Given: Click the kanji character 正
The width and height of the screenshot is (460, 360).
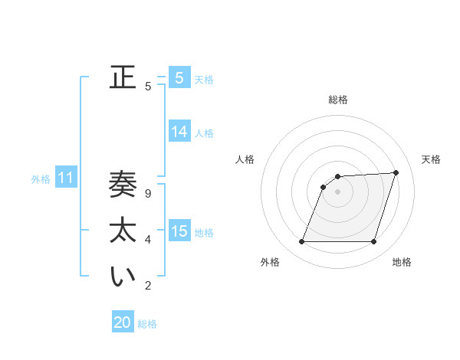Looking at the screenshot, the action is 123,77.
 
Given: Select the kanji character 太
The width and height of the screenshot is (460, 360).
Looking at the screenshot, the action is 123,230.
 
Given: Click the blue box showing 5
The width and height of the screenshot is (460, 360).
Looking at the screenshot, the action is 179,77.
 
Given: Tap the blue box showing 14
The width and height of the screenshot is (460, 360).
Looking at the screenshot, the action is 179,132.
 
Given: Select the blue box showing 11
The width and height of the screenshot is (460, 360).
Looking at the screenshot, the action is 65,178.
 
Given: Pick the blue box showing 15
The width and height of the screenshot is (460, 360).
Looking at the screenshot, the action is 179,231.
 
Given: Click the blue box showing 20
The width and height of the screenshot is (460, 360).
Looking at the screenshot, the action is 123,322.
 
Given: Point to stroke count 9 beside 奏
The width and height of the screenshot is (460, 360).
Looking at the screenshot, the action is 148,194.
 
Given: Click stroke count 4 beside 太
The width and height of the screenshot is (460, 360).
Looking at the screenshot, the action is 148,240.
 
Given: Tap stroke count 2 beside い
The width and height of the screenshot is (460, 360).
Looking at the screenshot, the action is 148,286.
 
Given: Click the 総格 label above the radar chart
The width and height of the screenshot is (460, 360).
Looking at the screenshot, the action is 338,100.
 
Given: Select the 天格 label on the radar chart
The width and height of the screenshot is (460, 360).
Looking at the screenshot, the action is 431,159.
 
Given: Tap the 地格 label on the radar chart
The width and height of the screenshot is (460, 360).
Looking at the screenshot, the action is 402,262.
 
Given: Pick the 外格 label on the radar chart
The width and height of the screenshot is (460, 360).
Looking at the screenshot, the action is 270,262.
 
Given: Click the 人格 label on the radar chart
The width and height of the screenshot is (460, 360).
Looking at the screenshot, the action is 245,159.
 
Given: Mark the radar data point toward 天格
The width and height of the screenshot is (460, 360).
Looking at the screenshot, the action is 396,172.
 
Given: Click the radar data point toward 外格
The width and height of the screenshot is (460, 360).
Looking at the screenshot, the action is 302,242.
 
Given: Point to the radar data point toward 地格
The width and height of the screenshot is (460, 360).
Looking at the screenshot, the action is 373,242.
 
